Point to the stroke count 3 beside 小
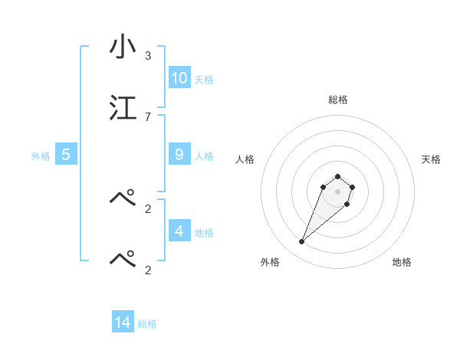(147, 56)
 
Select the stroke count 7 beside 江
(147, 116)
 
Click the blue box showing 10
(179, 78)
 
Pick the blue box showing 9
(179, 155)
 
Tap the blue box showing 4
(179, 231)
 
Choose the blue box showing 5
(66, 155)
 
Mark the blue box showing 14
(123, 323)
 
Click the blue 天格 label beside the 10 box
(204, 80)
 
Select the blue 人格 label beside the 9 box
(204, 156)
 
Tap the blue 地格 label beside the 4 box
(204, 232)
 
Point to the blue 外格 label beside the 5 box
(41, 156)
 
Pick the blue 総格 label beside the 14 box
(147, 325)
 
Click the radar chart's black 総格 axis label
(338, 100)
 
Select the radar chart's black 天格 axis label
(432, 159)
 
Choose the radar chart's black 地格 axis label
(402, 263)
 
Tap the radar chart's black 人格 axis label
(245, 159)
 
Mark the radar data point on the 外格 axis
(302, 242)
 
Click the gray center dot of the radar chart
(338, 191)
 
